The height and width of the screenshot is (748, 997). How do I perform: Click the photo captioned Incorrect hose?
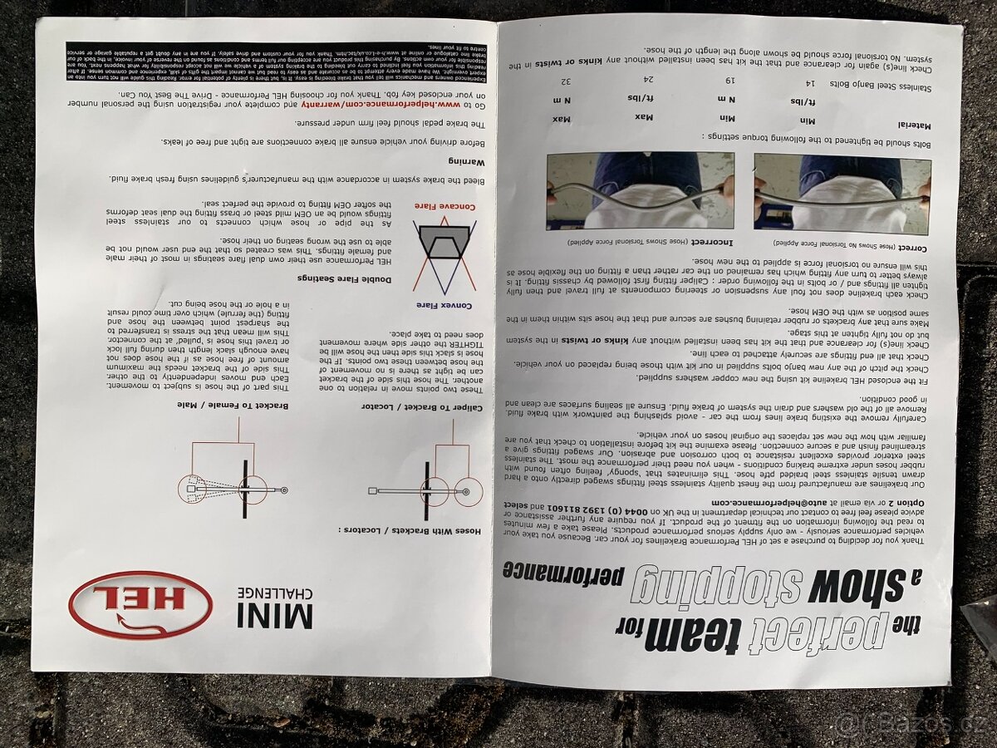coord(640,190)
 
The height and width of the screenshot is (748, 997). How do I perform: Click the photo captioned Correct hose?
coord(841,193)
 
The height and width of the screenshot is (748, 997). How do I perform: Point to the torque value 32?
coord(566,81)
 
